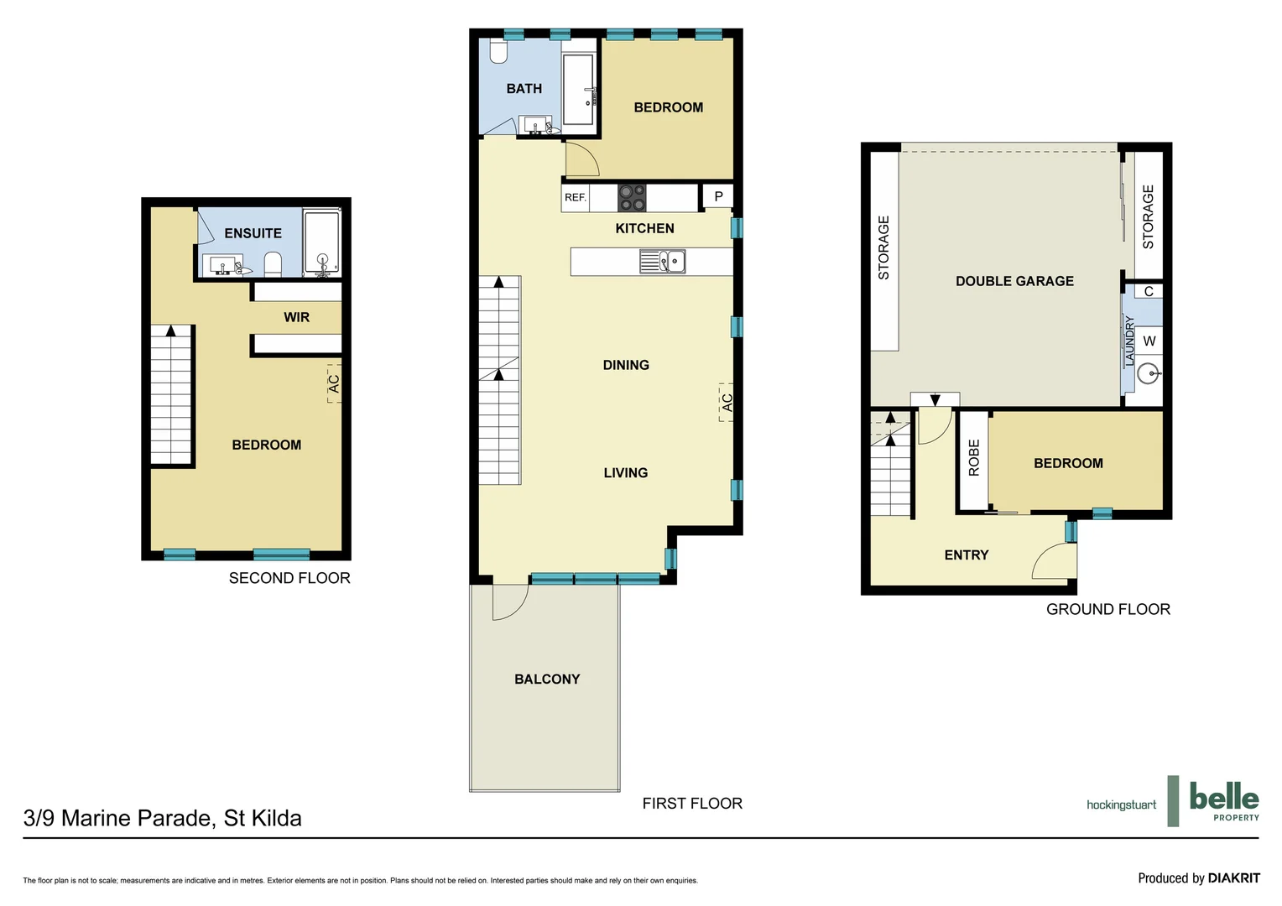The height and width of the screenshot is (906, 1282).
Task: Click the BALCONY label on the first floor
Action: (547, 679)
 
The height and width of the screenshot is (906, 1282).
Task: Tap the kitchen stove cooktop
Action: (632, 198)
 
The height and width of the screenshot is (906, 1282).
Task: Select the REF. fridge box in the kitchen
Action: (576, 197)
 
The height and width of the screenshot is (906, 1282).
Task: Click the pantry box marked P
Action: (718, 196)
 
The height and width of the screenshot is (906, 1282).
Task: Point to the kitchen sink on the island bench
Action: (663, 262)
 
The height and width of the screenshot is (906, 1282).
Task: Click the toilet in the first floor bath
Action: (498, 52)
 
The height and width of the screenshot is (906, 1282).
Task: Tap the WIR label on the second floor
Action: (296, 317)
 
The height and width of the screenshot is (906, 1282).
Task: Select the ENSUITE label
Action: (253, 233)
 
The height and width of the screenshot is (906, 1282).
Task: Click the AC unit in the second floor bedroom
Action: (334, 383)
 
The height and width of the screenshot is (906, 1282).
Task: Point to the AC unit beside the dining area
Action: (727, 403)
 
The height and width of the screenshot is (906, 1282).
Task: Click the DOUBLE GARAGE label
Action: (1014, 281)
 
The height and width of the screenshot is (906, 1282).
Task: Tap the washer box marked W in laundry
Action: (1149, 341)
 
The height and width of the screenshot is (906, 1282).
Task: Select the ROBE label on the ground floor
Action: (973, 458)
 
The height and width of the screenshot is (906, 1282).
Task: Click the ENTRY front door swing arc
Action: (1050, 560)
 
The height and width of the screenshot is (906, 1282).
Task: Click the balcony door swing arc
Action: (509, 602)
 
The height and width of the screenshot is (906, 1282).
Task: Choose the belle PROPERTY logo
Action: (1223, 801)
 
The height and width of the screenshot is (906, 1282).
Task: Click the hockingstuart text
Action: (1121, 804)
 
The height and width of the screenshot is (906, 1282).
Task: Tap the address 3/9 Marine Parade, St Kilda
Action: (163, 818)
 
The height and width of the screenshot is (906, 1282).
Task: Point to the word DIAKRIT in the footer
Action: (1233, 878)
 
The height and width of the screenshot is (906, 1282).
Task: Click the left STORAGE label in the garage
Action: (883, 247)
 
